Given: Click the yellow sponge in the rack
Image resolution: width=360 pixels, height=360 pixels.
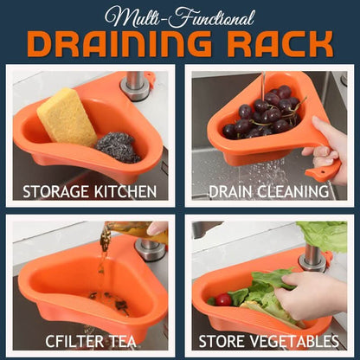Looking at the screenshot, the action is pos(67,117).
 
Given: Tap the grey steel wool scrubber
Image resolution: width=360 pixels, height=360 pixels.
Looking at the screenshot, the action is pos(118,147).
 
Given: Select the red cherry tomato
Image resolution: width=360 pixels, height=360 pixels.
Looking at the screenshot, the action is pos(223,300).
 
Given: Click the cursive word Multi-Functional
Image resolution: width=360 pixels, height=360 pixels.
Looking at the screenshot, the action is pos(180,17).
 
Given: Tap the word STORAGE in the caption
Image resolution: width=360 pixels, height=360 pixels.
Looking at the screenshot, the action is pos(55,192).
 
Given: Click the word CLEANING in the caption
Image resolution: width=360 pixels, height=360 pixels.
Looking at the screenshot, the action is pos(292,191).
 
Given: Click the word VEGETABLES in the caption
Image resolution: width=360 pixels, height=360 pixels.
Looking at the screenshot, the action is pos(294,341).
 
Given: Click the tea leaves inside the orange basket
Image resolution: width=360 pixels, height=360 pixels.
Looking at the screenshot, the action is pos(111,300).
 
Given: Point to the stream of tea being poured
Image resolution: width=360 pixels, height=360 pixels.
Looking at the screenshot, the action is pos(103,254).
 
